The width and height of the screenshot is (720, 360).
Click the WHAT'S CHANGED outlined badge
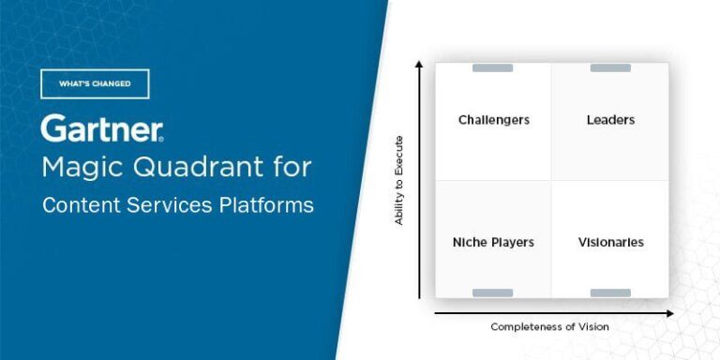tap(95, 83)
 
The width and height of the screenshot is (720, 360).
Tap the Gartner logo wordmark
tap(102, 128)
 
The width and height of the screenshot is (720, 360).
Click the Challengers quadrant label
tap(493, 120)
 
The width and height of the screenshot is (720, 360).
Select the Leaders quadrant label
tap(610, 120)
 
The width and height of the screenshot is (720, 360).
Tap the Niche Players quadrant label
tap(493, 242)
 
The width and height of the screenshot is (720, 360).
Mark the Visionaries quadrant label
tap(610, 242)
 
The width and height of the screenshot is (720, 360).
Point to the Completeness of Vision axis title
tap(549, 326)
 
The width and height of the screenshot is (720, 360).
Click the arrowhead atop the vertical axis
tap(419, 64)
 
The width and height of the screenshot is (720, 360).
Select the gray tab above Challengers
tap(492, 67)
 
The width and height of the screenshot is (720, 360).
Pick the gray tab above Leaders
tap(610, 67)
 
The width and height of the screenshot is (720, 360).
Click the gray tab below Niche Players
tap(492, 292)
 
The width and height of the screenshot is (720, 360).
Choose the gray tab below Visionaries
tap(610, 292)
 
